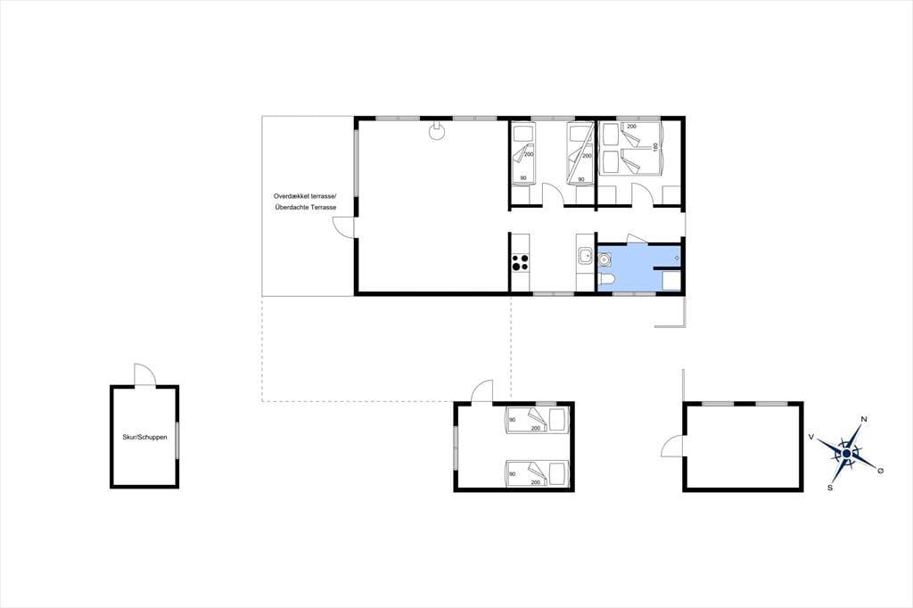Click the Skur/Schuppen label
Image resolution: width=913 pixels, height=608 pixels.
[144, 437]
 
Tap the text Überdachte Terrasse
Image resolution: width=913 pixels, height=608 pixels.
[305, 208]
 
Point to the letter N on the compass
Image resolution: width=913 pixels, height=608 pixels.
[865, 419]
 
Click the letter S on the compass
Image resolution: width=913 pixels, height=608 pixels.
[830, 488]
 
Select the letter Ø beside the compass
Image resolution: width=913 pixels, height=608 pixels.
[880, 470]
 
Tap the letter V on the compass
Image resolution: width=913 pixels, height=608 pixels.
[811, 436]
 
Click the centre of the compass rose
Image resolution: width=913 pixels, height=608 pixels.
[846, 453]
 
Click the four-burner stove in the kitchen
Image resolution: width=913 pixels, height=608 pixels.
[520, 263]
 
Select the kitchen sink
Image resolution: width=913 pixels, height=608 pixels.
[584, 256]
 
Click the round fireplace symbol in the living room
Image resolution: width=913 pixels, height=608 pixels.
[435, 132]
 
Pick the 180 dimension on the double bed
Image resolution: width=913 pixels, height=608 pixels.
[655, 147]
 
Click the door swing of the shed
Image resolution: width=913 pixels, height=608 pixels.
[144, 374]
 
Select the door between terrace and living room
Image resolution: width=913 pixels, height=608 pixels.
[343, 226]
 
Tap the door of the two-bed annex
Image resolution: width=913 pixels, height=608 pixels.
[482, 390]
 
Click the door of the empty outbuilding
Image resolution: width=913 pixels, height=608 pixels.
[673, 448]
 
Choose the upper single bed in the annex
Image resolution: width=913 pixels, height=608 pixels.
[536, 421]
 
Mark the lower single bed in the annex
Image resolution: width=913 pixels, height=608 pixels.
[536, 472]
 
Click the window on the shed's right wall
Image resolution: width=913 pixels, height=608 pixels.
[177, 436]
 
